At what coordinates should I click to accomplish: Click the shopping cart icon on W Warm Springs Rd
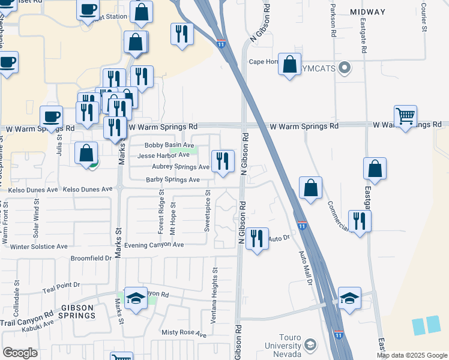pos(406,116)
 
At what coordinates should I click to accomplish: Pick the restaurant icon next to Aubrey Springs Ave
pos(223,160)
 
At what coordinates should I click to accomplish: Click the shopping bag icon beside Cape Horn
pos(289,64)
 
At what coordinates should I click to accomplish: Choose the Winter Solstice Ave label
pos(38,247)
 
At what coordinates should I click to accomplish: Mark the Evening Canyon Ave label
pos(154,245)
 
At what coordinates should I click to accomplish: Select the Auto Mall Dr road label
pos(305,266)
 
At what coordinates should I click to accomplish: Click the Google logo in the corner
pos(20,353)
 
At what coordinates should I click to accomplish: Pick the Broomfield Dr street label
pos(91,259)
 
